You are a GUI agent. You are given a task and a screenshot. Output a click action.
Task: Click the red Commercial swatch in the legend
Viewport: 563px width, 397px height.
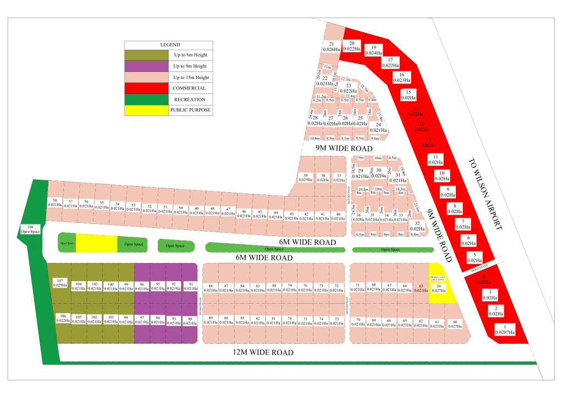146,88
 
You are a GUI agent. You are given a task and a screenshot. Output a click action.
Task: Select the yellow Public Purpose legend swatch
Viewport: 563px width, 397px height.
146,110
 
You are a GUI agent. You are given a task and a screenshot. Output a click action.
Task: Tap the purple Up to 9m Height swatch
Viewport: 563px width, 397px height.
146,66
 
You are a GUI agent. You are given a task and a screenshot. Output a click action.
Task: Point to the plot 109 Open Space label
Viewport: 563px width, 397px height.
31,229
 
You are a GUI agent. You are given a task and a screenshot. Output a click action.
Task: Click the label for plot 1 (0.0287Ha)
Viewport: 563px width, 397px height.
504,329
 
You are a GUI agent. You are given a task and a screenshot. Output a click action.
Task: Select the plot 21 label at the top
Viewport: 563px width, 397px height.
332,47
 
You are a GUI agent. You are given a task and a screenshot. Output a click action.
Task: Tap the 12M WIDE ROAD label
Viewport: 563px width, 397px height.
262,353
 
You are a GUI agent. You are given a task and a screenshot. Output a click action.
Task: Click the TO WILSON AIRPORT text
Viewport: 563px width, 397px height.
486,194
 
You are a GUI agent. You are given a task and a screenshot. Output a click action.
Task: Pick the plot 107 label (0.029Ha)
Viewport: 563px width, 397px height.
60,283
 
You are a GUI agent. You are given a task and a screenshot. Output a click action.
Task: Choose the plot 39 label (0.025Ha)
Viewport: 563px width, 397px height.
306,177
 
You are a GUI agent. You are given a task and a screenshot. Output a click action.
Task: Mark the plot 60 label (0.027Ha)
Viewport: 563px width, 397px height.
454,323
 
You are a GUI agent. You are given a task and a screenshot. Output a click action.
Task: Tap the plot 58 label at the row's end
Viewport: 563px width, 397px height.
54,203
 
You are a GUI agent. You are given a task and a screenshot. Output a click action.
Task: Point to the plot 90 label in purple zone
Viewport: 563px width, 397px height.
190,321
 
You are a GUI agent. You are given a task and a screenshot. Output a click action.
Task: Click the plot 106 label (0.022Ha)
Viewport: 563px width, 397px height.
63,318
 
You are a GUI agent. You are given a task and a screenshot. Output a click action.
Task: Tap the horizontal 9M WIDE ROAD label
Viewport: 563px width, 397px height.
344,149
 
